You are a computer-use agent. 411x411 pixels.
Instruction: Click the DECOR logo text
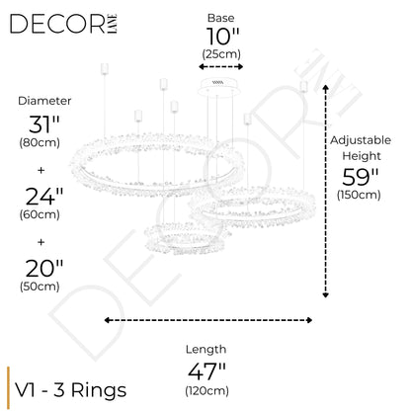(x=58, y=24)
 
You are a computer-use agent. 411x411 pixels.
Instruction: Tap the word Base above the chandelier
(x=220, y=18)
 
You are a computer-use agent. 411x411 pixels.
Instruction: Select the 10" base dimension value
(x=222, y=37)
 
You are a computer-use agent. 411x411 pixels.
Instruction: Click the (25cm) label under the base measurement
(x=221, y=54)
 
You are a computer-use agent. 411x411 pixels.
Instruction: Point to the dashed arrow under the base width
(x=220, y=67)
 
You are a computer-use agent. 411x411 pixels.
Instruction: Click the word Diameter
(x=44, y=101)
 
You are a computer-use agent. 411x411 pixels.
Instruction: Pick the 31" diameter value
(x=43, y=124)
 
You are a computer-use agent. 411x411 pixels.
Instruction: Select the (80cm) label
(x=40, y=143)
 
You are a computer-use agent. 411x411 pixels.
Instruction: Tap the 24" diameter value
(x=44, y=197)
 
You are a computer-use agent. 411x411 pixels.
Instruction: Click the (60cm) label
(x=40, y=214)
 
